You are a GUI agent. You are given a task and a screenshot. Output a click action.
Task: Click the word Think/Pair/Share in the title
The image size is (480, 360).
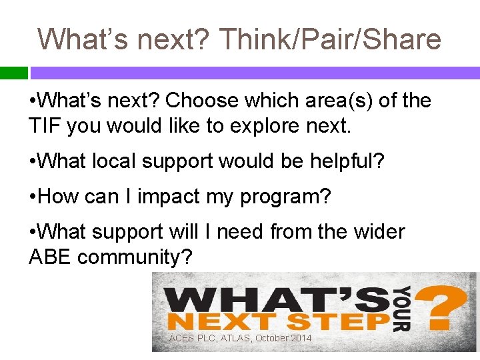pos(329,39)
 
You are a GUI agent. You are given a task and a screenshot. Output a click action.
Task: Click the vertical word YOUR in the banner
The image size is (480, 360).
pos(402,309)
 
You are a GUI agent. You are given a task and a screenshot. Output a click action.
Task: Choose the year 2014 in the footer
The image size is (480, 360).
pos(299,339)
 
